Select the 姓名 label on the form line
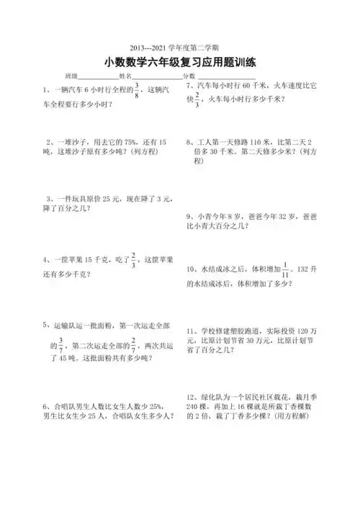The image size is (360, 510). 125,76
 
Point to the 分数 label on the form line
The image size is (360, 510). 189,76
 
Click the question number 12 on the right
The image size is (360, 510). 190,397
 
